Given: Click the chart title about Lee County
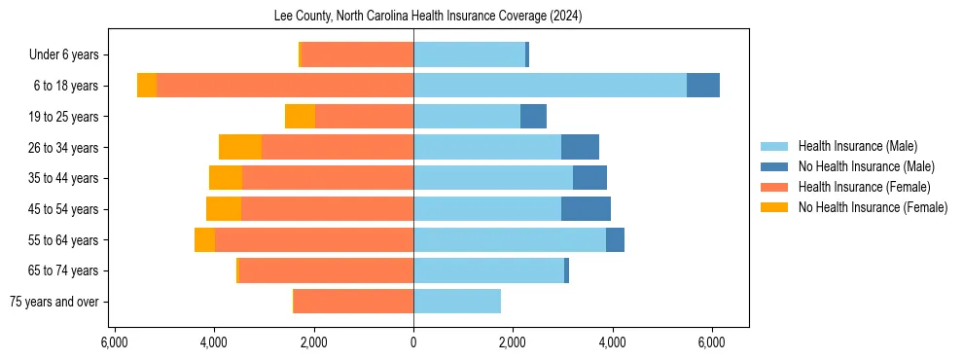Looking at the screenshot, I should pos(413,16).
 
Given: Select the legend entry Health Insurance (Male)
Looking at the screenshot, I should pos(857,147).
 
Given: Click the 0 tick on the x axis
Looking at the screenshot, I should pos(413,342).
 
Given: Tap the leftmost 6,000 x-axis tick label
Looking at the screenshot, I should pos(115,342).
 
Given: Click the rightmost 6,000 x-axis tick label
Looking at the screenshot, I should pos(711,342).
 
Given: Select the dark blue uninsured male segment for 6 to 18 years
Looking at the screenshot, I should pos(703,86).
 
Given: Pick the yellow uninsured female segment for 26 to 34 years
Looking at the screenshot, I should pos(240,147).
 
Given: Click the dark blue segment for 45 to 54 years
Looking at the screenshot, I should pos(586,209).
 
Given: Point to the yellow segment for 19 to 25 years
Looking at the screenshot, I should pos(300,117).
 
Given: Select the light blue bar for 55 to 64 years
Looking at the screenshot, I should pos(510,240).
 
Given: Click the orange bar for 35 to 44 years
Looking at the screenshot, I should pos(328,178).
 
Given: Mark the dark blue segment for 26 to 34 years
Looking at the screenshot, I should pos(580,147).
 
